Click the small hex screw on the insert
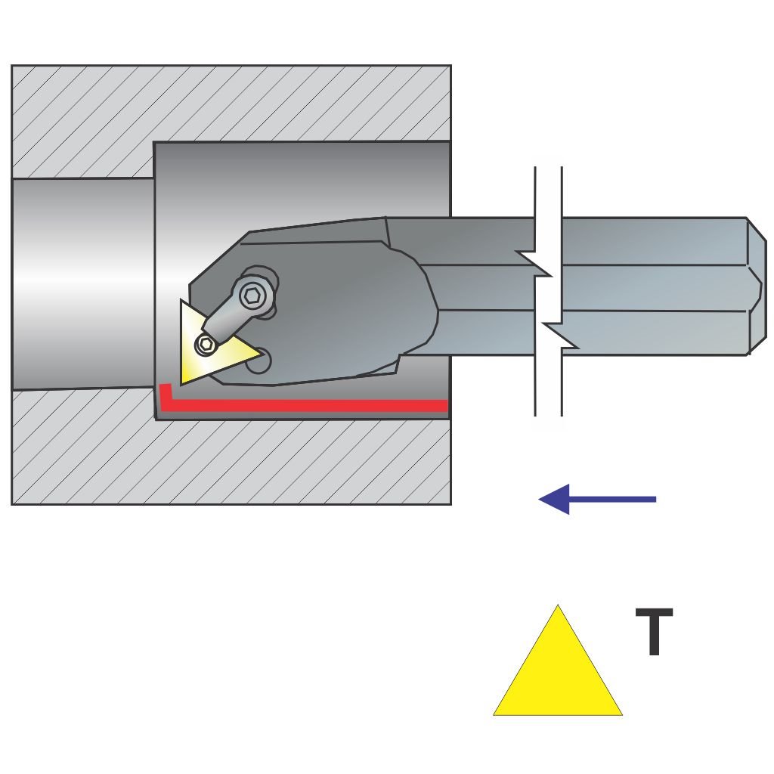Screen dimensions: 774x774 click(206, 345)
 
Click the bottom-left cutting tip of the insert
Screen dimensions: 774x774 click(184, 381)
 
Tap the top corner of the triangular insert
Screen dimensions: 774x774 click(181, 302)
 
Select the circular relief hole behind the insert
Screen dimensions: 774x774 click(259, 361)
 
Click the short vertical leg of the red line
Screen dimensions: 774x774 click(164, 395)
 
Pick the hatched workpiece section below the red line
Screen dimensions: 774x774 click(227, 461)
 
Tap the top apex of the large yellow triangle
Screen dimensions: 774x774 click(558, 606)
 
